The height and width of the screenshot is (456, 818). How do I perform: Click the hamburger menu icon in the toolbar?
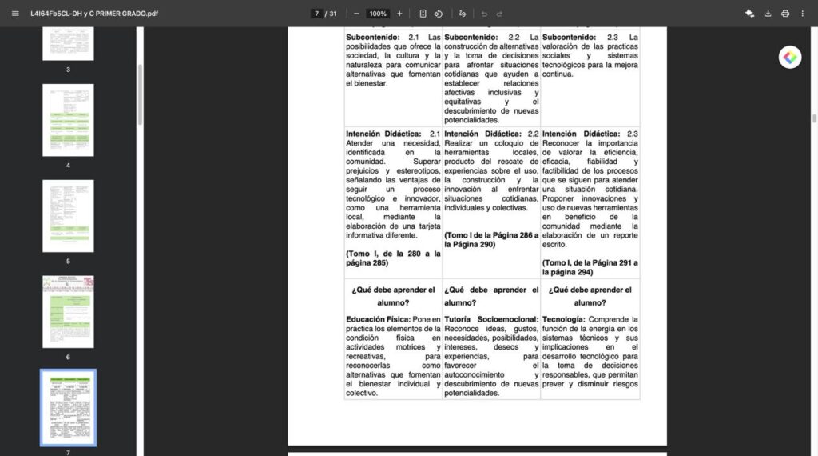click(15, 14)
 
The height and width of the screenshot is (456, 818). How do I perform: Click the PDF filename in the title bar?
click(94, 14)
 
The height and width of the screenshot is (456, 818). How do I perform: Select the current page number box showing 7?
click(317, 14)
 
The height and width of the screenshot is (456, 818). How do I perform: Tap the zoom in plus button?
click(399, 14)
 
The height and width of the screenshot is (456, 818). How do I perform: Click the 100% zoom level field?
click(378, 14)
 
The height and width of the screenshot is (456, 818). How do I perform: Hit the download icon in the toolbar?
click(768, 14)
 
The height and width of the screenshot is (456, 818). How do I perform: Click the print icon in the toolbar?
click(785, 14)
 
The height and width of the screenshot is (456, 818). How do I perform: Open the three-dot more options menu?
click(802, 14)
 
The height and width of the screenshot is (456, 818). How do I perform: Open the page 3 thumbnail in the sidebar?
click(68, 43)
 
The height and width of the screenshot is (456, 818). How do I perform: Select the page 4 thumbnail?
click(68, 119)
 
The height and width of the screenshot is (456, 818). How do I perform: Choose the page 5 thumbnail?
click(68, 215)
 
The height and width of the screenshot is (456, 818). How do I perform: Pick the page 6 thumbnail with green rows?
click(68, 311)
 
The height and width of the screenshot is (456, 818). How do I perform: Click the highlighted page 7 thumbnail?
click(68, 407)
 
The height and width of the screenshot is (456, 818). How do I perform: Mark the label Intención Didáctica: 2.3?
click(590, 134)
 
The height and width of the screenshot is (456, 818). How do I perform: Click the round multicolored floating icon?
click(790, 57)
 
